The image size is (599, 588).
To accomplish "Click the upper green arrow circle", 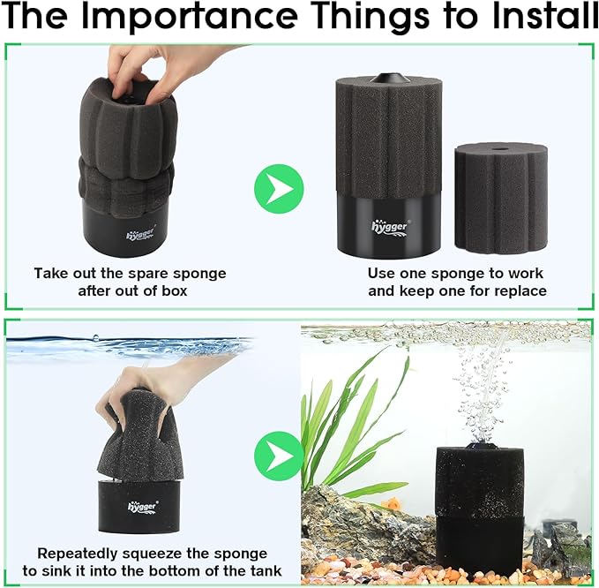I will coord(279,187).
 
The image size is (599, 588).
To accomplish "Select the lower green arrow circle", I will coord(279,456).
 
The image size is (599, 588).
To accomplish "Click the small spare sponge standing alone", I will coord(500,199).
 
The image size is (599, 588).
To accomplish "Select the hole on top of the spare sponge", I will coord(502,149).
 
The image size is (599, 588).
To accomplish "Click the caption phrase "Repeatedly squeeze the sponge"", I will coord(152,554).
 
